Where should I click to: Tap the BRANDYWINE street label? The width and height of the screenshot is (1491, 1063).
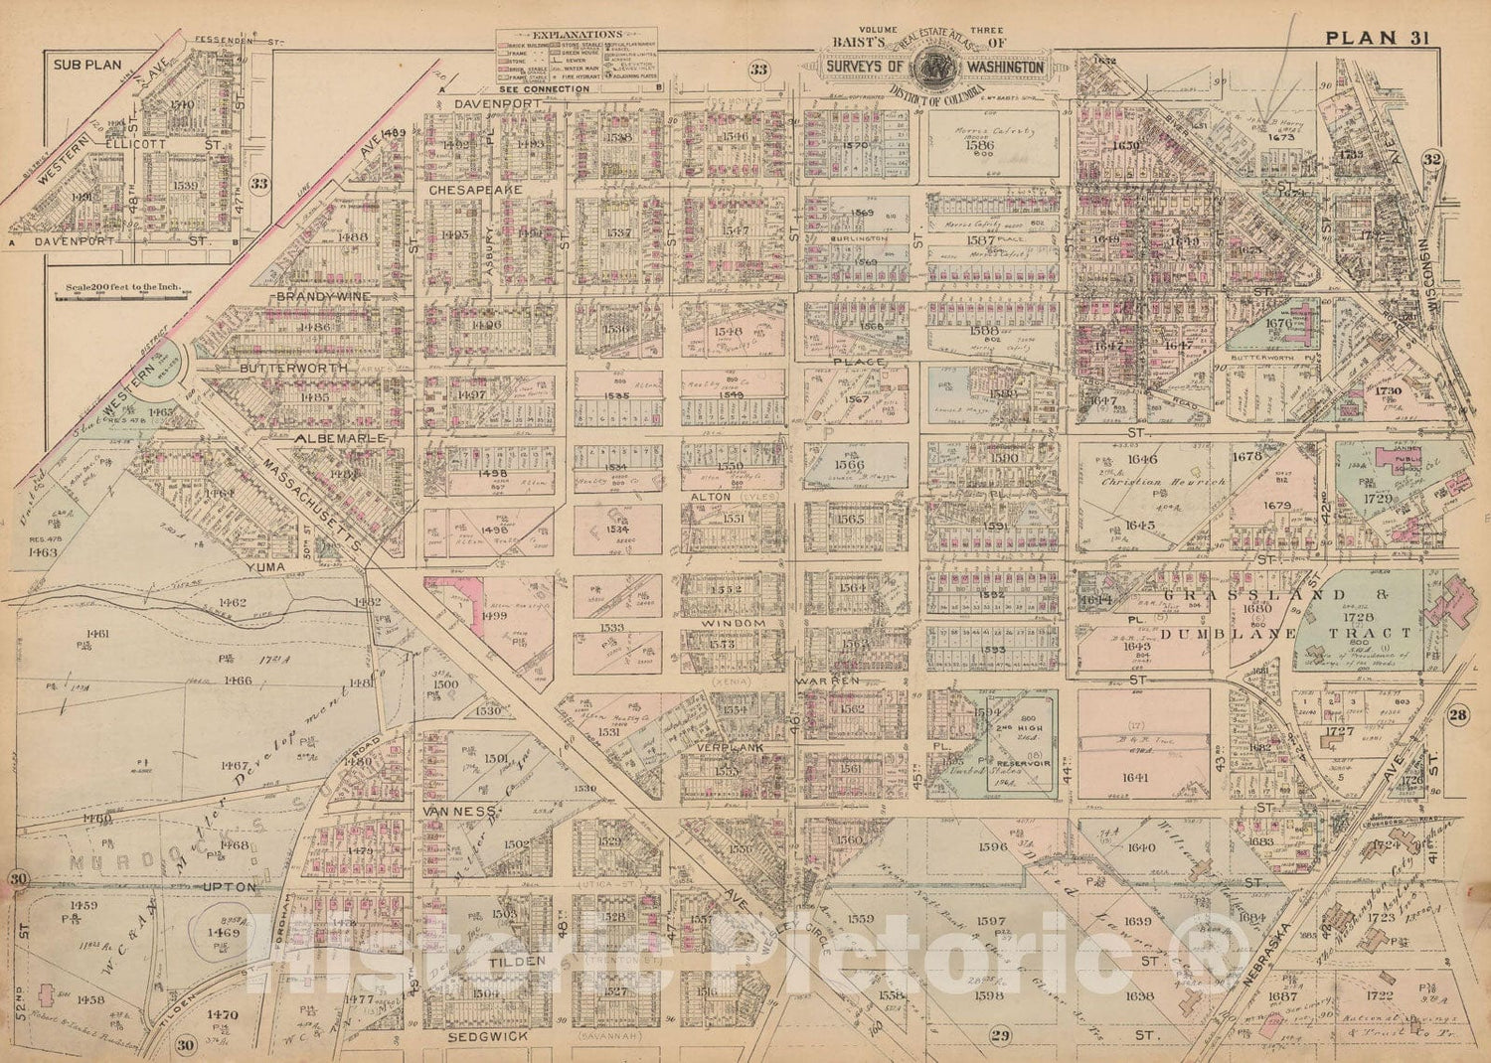(323, 296)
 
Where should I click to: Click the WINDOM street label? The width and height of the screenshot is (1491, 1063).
(735, 623)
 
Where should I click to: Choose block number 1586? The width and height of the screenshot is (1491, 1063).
(979, 144)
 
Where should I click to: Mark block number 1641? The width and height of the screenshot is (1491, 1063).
(1136, 778)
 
